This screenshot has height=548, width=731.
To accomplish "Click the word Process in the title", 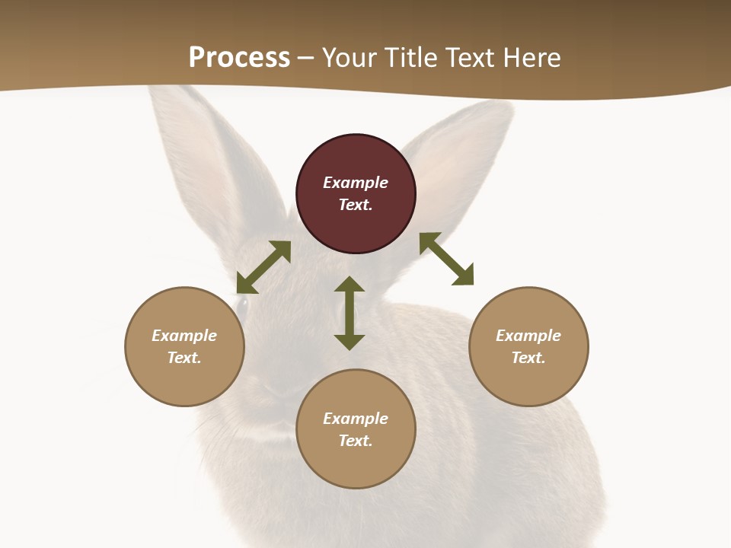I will click(x=239, y=58).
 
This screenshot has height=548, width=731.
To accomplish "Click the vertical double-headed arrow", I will click(x=350, y=313).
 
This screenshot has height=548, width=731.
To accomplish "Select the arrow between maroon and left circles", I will click(x=263, y=267).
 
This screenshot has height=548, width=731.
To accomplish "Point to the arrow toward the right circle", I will click(x=447, y=259).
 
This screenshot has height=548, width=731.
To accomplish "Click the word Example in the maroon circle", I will click(x=356, y=183).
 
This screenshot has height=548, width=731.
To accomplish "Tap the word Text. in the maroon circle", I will click(x=356, y=205).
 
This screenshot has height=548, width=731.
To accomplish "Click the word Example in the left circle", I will click(x=184, y=336).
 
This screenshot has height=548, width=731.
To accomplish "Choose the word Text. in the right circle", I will click(x=528, y=358).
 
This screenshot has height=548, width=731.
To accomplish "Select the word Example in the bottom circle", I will click(x=356, y=419).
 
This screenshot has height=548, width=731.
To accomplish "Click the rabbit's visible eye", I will click(x=241, y=306).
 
